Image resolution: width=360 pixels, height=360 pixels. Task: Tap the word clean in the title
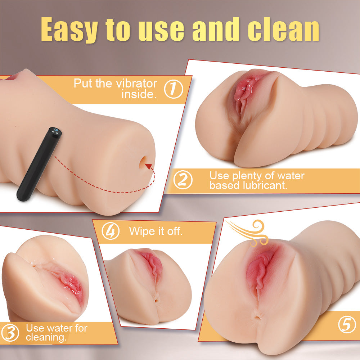(283, 29)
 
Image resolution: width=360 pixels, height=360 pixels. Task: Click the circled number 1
(174, 89)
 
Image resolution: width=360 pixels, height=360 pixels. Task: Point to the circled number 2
(183, 180)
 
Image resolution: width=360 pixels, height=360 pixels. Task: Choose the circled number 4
(111, 231)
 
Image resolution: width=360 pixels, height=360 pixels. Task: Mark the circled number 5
(347, 324)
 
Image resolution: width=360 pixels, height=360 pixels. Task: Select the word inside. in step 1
(139, 94)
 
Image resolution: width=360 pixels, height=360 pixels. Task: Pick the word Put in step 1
(83, 84)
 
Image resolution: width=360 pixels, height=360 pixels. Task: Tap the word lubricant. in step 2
(265, 185)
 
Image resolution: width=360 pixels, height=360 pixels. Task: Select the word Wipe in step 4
(140, 231)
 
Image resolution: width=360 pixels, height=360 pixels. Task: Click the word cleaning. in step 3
(46, 337)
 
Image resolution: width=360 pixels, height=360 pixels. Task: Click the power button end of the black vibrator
(55, 131)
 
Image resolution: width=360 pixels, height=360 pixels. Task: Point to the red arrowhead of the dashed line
(149, 166)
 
